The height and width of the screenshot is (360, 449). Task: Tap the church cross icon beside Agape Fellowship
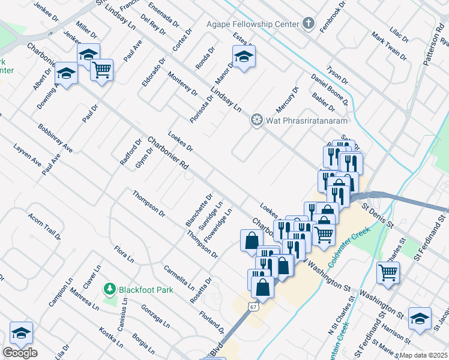pyautogui.click(x=308, y=24)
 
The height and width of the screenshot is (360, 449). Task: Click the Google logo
pyautogui.click(x=20, y=352)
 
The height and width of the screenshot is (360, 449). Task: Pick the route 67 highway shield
pyautogui.click(x=254, y=307)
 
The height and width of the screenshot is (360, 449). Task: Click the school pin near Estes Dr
pyautogui.click(x=244, y=57)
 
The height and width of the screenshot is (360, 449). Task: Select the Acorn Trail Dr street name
pyautogui.click(x=44, y=226)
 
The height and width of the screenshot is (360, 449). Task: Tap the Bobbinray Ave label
pyautogui.click(x=55, y=138)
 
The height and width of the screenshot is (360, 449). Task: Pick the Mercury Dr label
pyautogui.click(x=286, y=100)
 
